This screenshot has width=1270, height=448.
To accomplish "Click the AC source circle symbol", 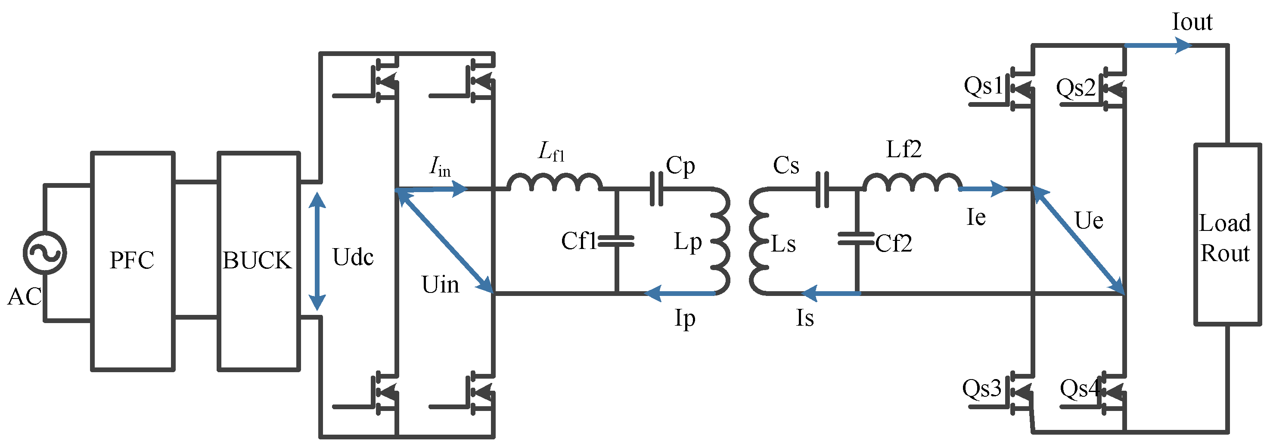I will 44,252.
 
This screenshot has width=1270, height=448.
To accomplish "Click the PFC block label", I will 132,260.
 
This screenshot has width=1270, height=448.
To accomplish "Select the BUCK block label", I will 257,260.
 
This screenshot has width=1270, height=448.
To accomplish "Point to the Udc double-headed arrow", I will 317,251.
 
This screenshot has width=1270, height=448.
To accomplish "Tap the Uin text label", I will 440,285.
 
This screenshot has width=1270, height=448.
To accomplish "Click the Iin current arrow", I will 434,189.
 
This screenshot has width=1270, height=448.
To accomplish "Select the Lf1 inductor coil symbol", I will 555,183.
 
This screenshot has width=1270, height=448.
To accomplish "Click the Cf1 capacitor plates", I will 616,241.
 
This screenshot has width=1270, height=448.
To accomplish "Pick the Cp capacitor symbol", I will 657,189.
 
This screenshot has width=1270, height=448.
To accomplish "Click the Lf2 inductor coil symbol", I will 912,183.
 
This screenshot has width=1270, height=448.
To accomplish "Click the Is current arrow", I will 831,293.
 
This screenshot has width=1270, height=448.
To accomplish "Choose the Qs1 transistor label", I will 983,86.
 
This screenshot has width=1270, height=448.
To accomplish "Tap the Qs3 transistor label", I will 981,388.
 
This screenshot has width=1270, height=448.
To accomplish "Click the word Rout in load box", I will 1225,254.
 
